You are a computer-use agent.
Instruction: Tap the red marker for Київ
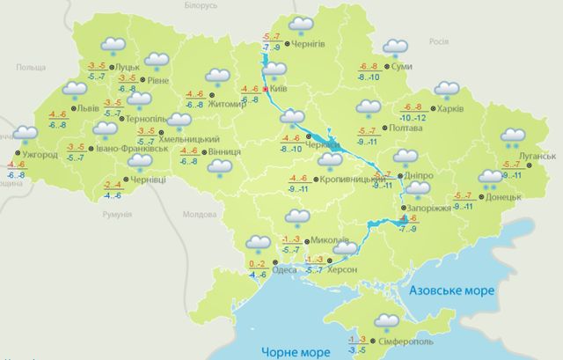[265, 88]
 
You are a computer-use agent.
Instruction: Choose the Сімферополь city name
[406, 341]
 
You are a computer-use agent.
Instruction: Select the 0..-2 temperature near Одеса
[257, 264]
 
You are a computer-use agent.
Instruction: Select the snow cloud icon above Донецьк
[488, 180]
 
